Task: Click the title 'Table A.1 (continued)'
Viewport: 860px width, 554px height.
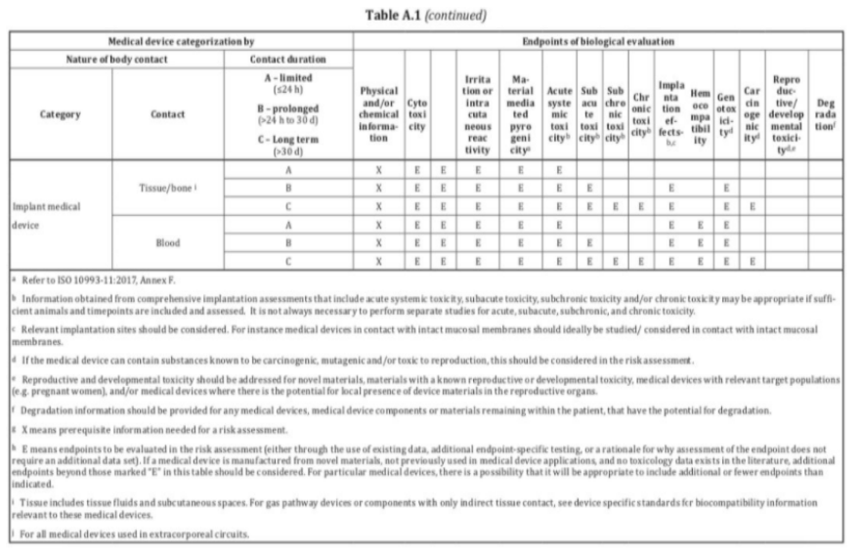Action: (x=431, y=16)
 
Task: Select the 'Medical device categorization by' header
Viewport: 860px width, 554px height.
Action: (x=181, y=42)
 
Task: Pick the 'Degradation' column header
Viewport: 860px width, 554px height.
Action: (x=822, y=112)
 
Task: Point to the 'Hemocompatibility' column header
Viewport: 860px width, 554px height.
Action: (x=699, y=112)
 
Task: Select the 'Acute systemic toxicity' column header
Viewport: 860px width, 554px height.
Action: (x=560, y=112)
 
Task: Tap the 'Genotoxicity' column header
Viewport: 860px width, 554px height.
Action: (x=727, y=112)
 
